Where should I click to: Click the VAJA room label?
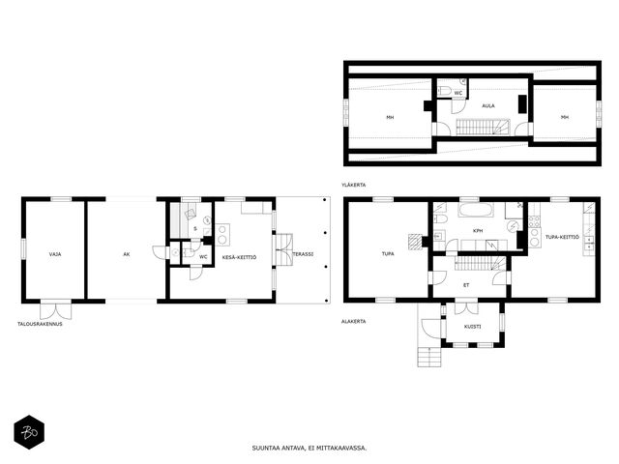[55, 254]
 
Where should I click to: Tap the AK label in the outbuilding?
[127, 254]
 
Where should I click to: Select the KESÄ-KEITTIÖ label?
[239, 257]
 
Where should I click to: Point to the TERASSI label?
[303, 254]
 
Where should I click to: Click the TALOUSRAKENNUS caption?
[40, 324]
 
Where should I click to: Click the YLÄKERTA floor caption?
[354, 185]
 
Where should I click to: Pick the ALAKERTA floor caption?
[354, 322]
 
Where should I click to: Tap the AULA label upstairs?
[488, 105]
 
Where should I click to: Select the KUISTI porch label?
[473, 327]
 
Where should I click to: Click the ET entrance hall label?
[466, 285]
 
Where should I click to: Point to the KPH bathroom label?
[478, 231]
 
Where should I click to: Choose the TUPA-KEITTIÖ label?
[562, 237]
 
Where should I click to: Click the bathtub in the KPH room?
[476, 210]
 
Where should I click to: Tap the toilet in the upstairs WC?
[445, 91]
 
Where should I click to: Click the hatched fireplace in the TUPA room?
[415, 242]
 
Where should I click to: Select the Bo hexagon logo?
[29, 432]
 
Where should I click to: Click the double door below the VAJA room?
[56, 309]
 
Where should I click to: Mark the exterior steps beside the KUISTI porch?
[429, 357]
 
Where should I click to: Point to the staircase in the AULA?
[484, 127]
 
